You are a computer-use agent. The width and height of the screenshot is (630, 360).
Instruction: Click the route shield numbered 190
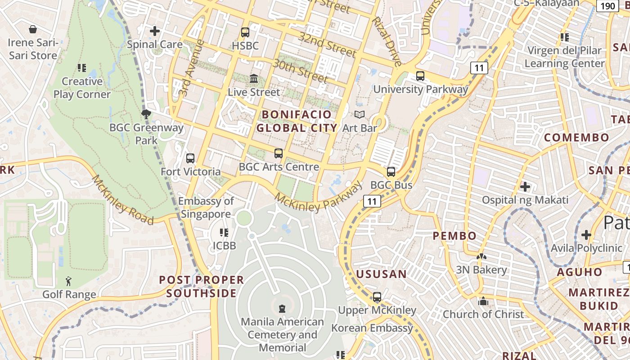[x=607, y=6]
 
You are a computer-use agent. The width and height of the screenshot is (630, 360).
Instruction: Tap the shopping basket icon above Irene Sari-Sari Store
[x=33, y=30]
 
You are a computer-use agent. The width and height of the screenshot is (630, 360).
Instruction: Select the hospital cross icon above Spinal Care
[x=155, y=31]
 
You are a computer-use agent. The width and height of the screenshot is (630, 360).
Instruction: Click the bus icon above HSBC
[x=245, y=32]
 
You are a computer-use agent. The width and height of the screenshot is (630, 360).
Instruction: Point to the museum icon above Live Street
[x=254, y=79]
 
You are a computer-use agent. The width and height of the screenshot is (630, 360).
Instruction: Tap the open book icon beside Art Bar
[x=359, y=115]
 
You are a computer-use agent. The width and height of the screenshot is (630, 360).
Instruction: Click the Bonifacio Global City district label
[x=297, y=121]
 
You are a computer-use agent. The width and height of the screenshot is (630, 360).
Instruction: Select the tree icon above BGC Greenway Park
[x=146, y=114]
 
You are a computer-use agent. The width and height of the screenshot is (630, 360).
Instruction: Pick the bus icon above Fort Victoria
[x=190, y=158]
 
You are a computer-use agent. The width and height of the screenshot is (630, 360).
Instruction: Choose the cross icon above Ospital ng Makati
[x=525, y=186]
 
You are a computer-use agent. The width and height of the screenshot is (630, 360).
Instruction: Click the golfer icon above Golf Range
[x=68, y=282]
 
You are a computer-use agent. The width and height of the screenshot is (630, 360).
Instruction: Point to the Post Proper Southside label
[x=201, y=287]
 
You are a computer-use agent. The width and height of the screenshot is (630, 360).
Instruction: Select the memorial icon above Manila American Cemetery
[x=282, y=309]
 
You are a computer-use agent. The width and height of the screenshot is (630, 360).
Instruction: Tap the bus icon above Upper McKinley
[x=377, y=297]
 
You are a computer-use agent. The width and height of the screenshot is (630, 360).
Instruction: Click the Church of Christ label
[x=483, y=314]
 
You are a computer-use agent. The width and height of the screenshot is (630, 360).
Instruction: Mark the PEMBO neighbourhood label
[x=454, y=236]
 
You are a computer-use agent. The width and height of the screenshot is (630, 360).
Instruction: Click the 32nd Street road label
[x=327, y=45]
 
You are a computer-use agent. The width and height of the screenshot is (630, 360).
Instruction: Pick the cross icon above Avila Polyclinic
[x=586, y=234]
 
